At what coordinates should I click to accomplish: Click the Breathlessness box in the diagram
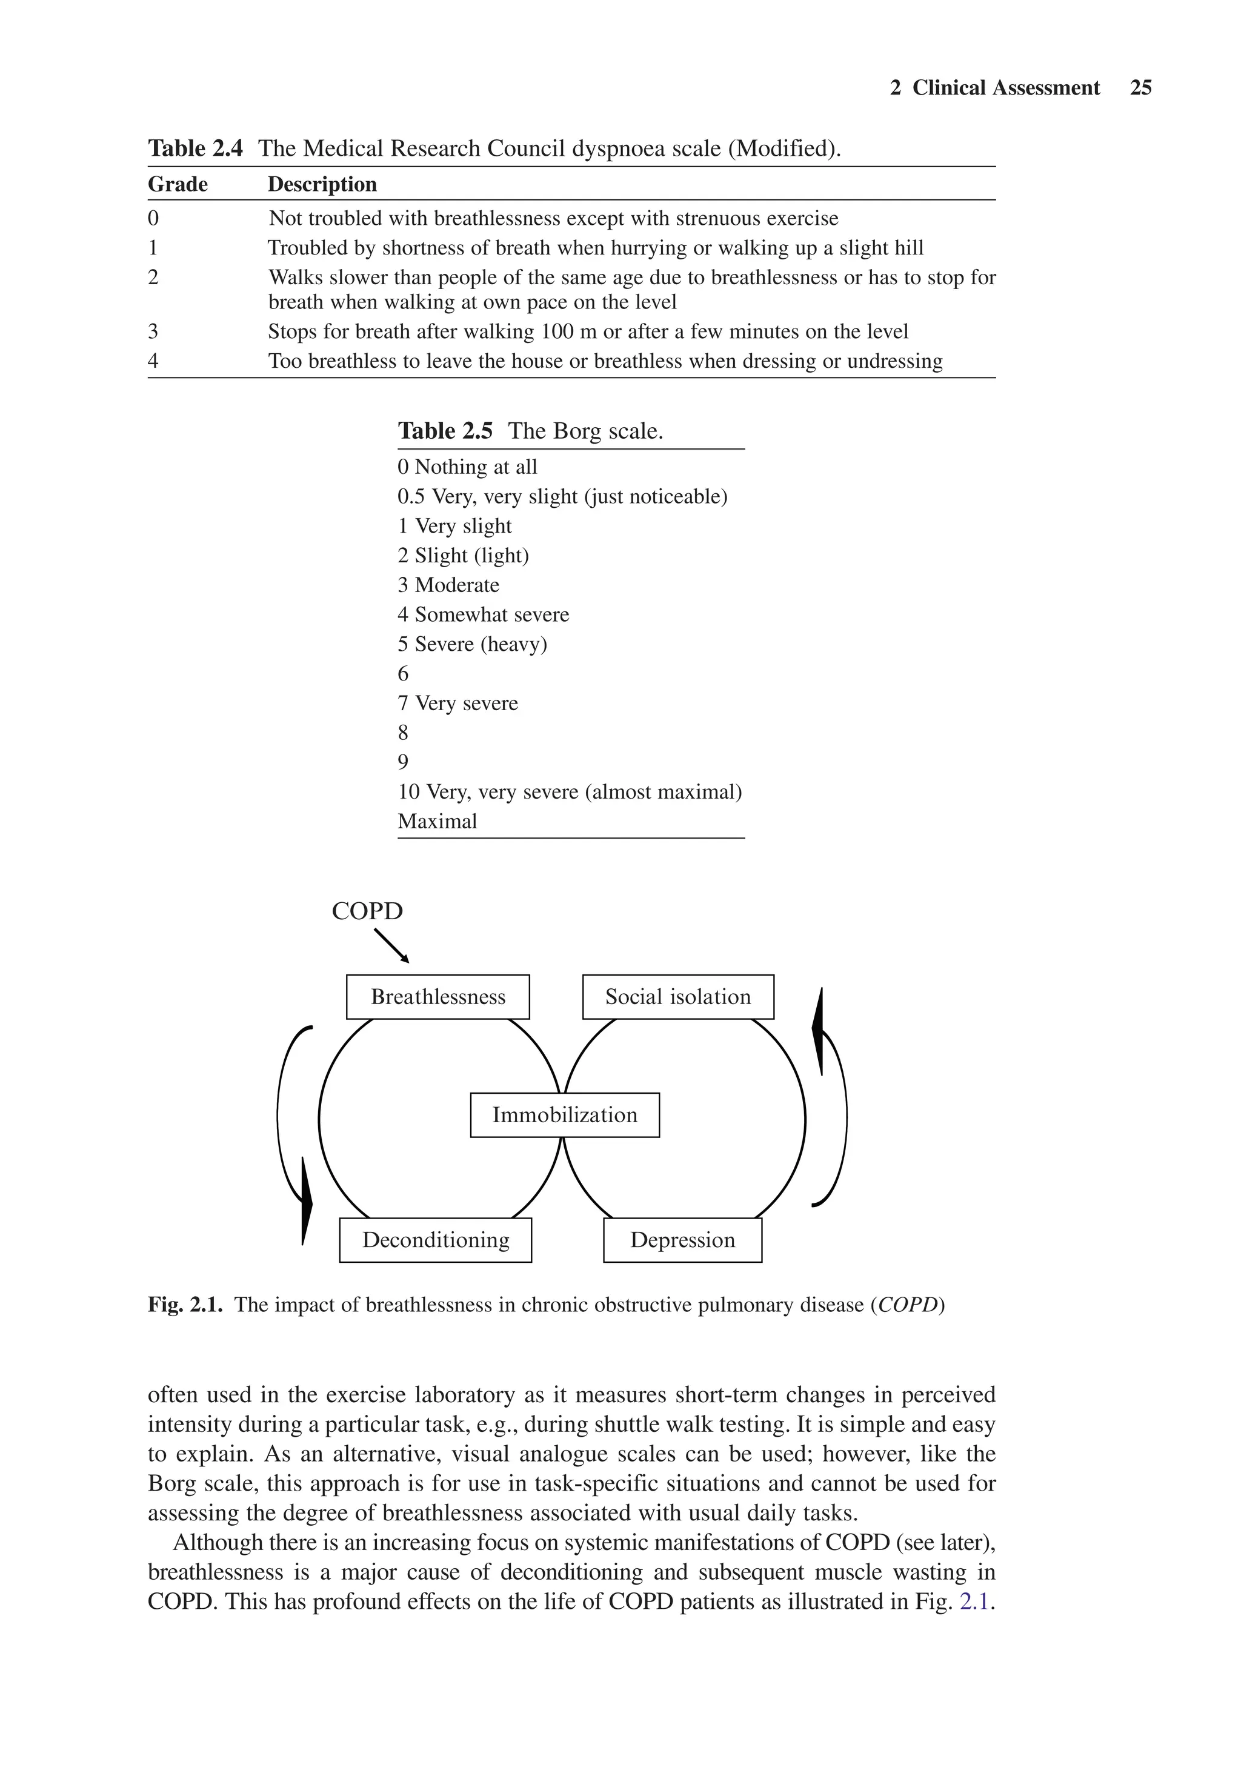[x=438, y=996]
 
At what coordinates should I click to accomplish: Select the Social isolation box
[x=677, y=996]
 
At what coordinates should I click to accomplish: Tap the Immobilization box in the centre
[x=565, y=1114]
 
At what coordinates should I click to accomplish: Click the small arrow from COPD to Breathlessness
[x=391, y=945]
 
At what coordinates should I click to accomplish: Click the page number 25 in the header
[x=1140, y=88]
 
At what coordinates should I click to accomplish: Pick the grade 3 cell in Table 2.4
[x=153, y=331]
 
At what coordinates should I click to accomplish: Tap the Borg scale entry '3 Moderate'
[x=448, y=585]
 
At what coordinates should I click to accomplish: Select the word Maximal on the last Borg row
[x=437, y=821]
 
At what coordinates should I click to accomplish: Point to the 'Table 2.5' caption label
[x=445, y=431]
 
